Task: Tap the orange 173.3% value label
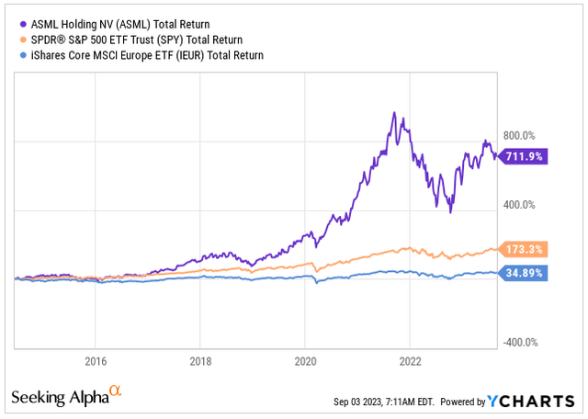522,249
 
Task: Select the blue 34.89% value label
522,273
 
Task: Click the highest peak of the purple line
394,113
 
